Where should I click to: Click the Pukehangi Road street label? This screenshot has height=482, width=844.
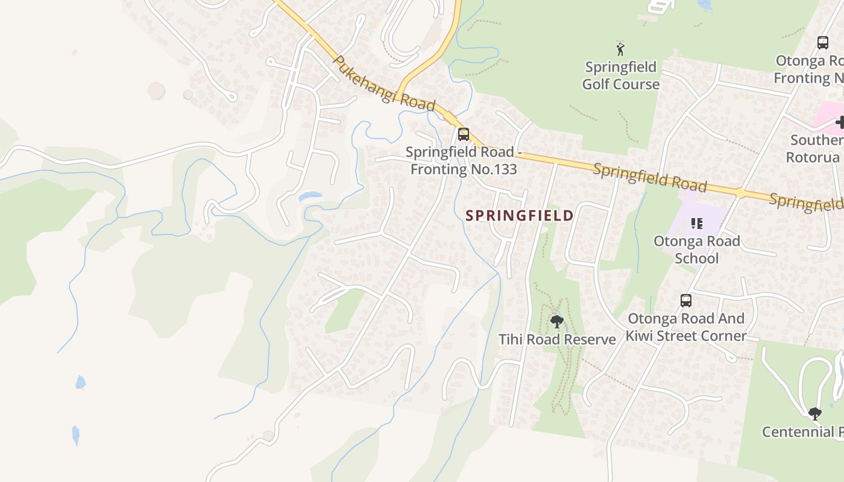[383, 84]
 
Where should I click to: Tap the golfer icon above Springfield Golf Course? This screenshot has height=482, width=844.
[620, 48]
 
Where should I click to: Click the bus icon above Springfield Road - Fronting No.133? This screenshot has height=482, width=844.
[463, 134]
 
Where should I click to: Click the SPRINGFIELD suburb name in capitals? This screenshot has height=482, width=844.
[519, 215]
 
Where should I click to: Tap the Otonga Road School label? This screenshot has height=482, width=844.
[696, 249]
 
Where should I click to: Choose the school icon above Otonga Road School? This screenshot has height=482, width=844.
[697, 224]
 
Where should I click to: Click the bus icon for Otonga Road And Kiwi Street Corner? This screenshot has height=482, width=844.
[685, 300]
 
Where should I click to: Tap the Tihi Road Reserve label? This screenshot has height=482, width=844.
[557, 339]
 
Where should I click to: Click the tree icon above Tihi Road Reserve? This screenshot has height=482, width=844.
[556, 321]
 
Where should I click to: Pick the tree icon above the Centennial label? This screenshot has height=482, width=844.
[814, 413]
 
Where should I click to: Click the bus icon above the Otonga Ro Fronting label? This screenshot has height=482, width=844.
[822, 43]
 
